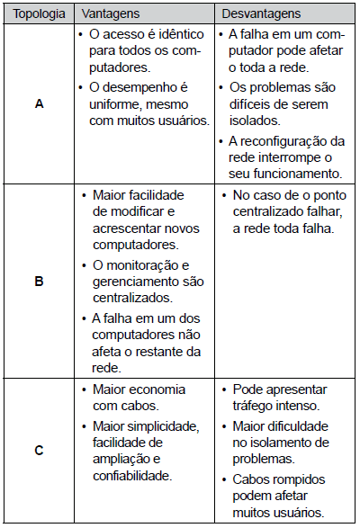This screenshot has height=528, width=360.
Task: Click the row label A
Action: click(39, 104)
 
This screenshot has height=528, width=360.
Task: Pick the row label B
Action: click(39, 281)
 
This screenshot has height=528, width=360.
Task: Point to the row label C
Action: click(39, 451)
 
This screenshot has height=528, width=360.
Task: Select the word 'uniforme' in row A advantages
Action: click(118, 104)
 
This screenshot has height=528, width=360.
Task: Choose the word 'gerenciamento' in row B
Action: click(132, 281)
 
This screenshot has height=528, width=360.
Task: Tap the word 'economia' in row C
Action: click(158, 389)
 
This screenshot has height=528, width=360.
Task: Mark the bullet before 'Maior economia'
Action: click(84, 389)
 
